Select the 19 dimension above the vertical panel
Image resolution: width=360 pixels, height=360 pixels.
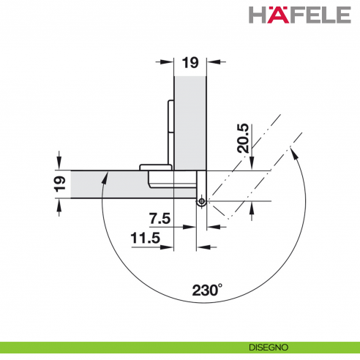(x=190, y=64)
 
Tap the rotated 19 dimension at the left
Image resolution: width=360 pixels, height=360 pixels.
(x=62, y=181)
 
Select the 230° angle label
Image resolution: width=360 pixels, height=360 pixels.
(x=207, y=290)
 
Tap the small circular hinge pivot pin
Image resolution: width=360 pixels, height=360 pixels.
(x=201, y=200)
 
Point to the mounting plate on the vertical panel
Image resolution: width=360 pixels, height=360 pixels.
(x=171, y=121)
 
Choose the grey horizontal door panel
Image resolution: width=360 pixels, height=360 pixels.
(x=110, y=183)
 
